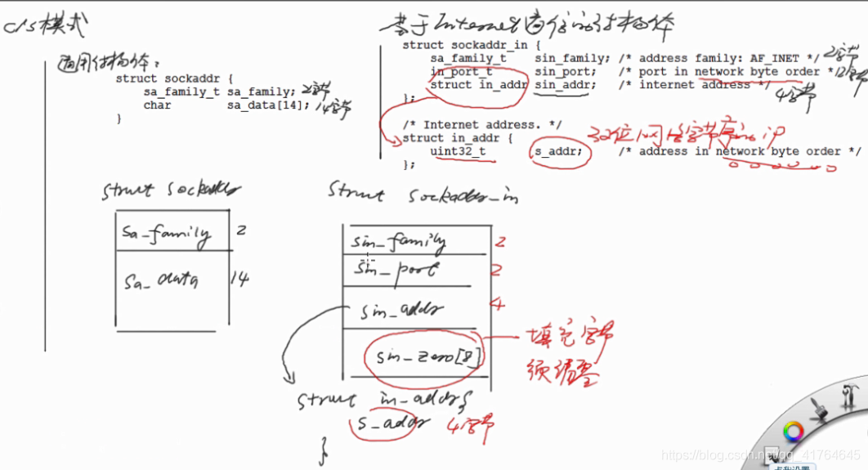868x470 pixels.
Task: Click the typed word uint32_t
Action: (458, 151)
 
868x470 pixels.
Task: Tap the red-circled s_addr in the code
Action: (559, 151)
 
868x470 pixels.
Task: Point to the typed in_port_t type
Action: (461, 72)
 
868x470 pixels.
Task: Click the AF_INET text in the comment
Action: (774, 59)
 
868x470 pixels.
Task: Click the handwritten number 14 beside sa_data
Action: (239, 279)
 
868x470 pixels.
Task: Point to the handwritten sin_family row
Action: (399, 242)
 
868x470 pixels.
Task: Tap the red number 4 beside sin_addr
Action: (497, 305)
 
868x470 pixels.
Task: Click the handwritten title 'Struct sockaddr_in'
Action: (422, 193)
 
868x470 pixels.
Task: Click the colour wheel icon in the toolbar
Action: (792, 431)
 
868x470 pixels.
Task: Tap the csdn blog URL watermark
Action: (760, 454)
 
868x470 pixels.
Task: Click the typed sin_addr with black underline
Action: (562, 84)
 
